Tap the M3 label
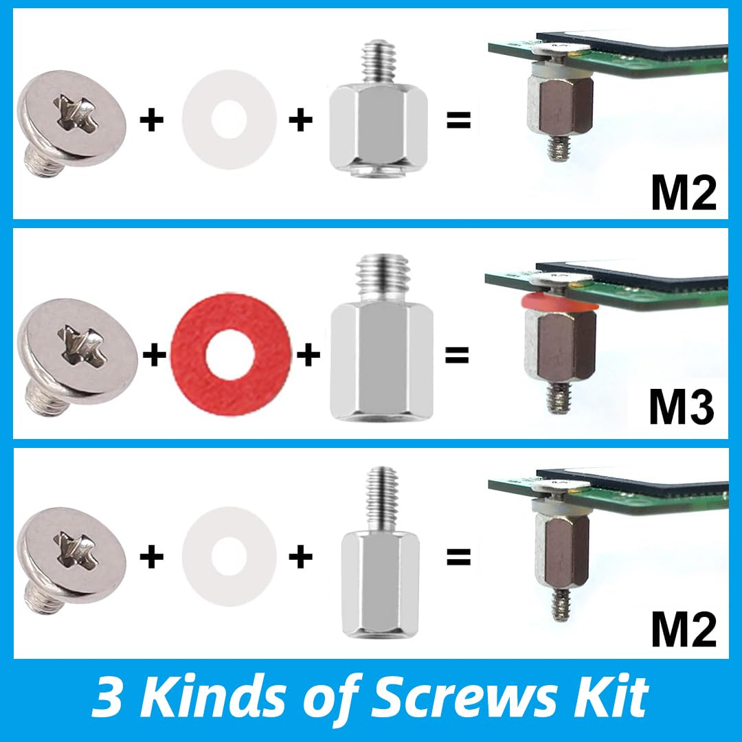click(x=682, y=407)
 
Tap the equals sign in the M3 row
click(x=457, y=355)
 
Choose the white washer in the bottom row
click(x=229, y=555)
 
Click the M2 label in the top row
click(x=683, y=193)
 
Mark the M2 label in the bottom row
click(x=683, y=631)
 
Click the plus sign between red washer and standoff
click(x=308, y=355)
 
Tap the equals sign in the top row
click(x=458, y=121)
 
